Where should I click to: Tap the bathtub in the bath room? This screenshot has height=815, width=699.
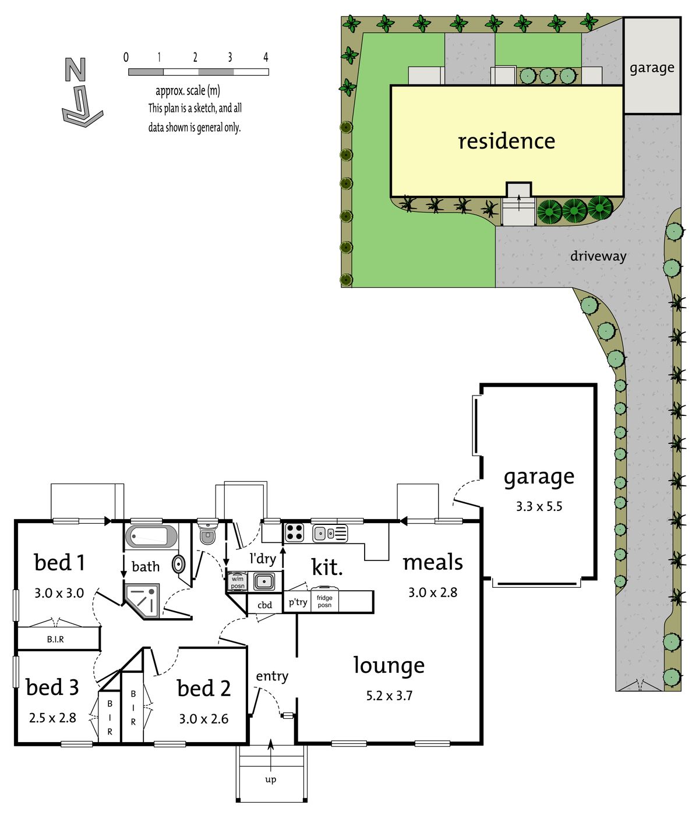(151, 536)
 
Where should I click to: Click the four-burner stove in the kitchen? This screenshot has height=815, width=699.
(295, 532)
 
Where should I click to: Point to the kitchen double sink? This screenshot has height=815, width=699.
(330, 534)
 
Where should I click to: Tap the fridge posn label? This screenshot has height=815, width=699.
(324, 601)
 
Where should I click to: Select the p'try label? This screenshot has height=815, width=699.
(298, 602)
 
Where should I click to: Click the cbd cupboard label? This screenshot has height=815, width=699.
(264, 605)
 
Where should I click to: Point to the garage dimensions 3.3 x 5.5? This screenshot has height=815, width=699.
(539, 507)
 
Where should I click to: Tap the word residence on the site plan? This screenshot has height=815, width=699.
(507, 141)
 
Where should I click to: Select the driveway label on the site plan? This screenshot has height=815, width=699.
(598, 256)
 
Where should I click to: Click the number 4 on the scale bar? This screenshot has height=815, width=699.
(266, 58)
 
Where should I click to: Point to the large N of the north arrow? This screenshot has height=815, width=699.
(75, 70)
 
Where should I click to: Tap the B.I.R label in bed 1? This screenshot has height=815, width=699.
(55, 639)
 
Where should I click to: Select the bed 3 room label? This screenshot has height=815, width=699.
(52, 687)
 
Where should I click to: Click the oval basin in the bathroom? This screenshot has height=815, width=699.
(179, 564)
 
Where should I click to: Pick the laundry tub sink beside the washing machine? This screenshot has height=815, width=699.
(264, 581)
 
